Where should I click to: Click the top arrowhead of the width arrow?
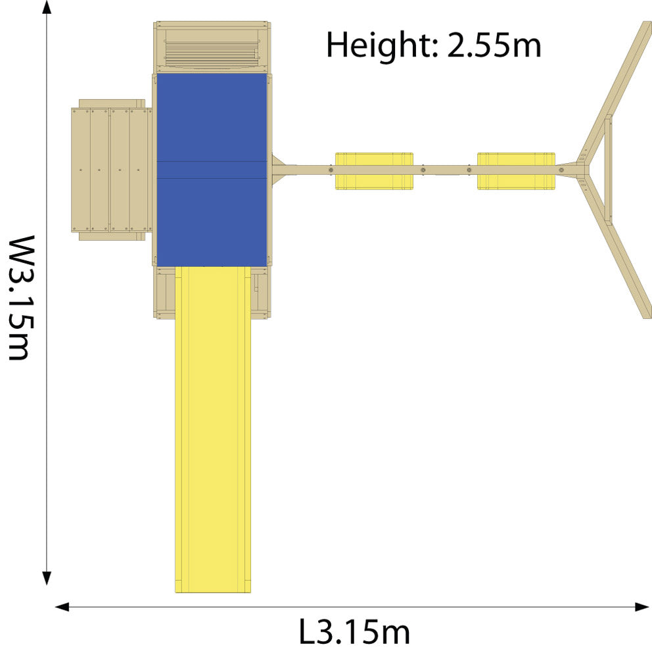47,7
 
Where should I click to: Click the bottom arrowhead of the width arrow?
47,579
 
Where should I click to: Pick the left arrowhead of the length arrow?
62,607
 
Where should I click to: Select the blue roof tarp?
212,170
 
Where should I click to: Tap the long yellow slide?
213,429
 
